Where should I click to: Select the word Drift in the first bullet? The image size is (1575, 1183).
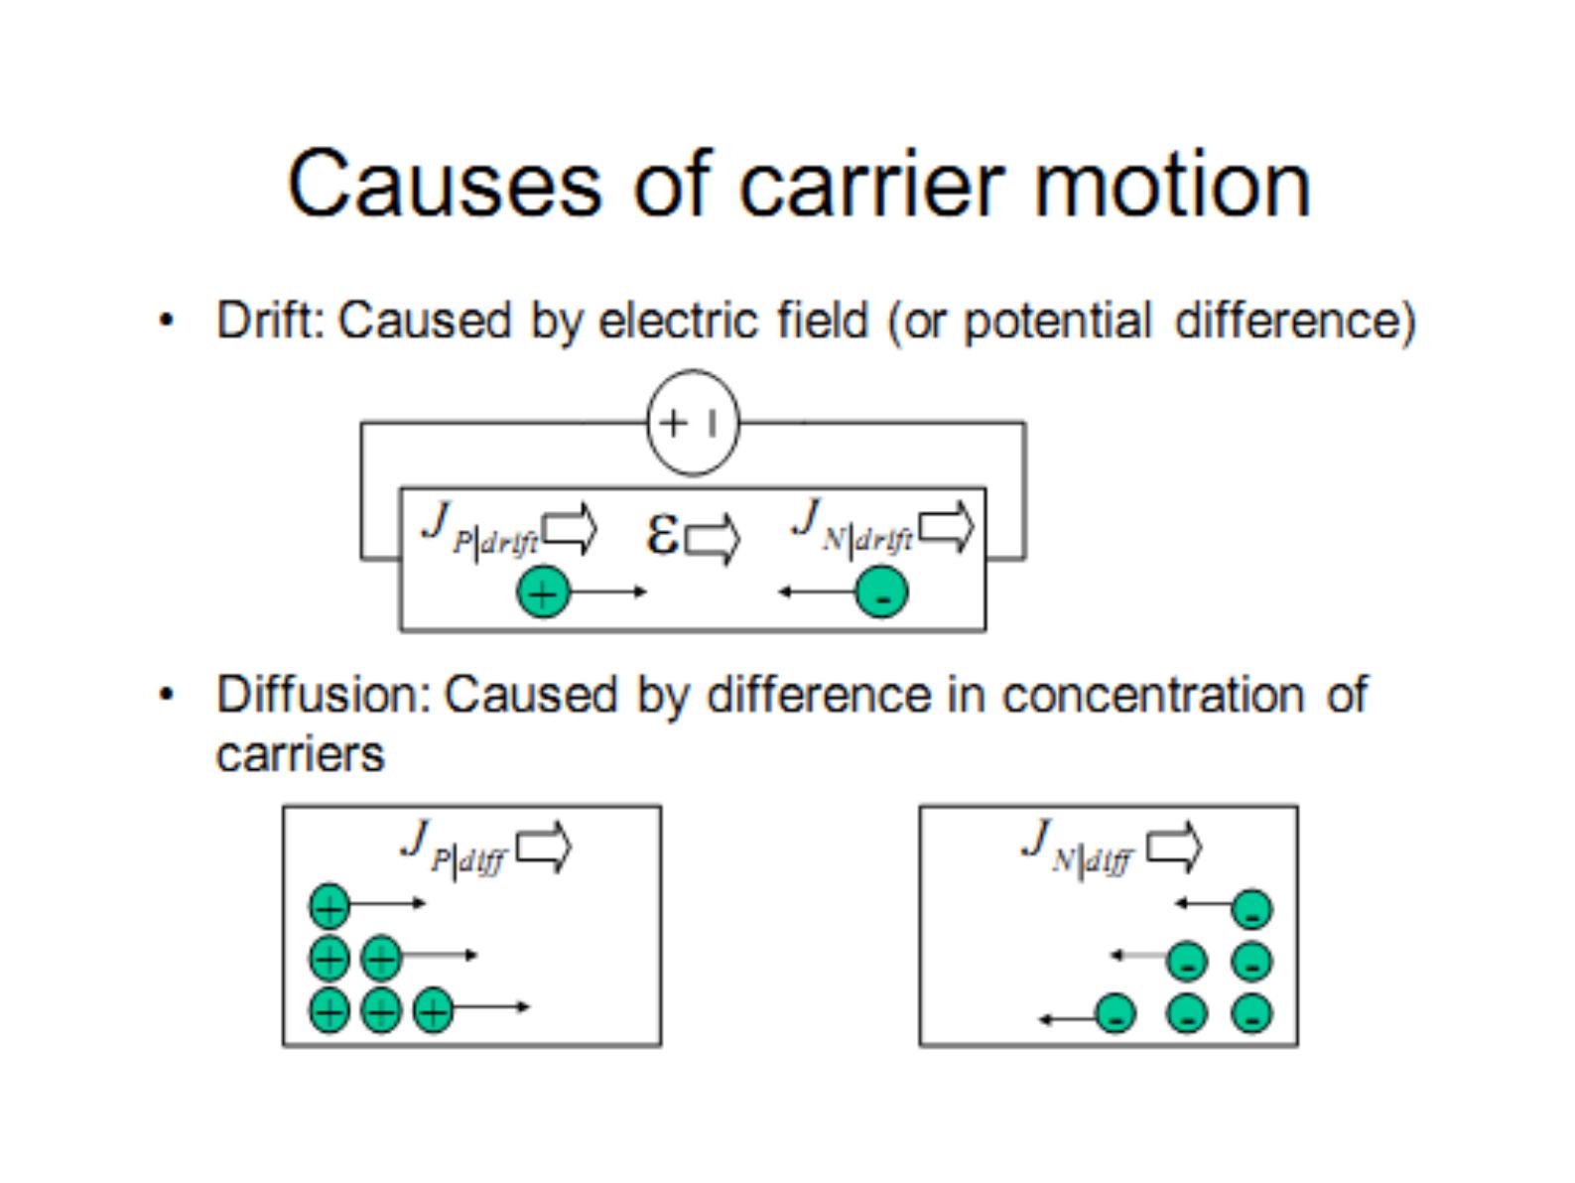(270, 320)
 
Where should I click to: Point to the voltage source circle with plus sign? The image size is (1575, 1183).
(693, 423)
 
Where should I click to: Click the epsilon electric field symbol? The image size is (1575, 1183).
(662, 535)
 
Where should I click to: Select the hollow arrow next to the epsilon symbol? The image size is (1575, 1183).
(713, 539)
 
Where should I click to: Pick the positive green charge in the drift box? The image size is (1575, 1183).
(543, 592)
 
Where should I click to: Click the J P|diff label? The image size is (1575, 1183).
(455, 849)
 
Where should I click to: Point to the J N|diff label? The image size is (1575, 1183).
(1078, 848)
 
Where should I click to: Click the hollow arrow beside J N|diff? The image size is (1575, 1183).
(1173, 848)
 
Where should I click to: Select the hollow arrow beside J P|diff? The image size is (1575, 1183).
(544, 848)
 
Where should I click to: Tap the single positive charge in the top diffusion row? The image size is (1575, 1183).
(329, 905)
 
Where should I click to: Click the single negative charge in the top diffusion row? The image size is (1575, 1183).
(1252, 910)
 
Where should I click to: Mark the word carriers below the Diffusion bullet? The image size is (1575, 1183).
(300, 754)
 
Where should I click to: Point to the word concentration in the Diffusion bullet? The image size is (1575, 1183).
(1153, 695)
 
